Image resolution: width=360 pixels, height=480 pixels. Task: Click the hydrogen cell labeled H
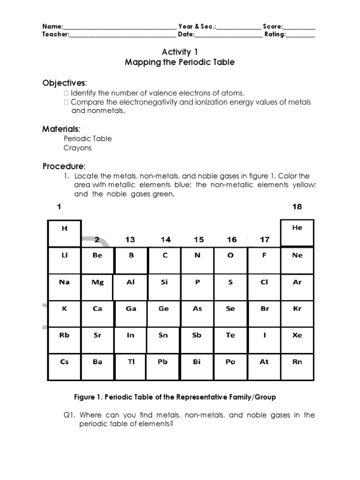tap(65, 233)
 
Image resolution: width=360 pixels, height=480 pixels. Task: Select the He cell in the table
tap(297, 232)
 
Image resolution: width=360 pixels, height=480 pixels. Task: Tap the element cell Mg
tap(97, 287)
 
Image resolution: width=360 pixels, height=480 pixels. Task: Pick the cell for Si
tap(164, 287)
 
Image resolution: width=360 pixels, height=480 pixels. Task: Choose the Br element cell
tap(264, 314)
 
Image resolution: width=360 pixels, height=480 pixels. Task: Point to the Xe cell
tap(297, 340)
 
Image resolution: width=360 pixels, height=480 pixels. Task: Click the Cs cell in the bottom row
tap(65, 367)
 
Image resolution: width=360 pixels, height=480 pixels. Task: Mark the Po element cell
tap(230, 367)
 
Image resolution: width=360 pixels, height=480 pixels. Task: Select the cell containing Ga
tap(131, 314)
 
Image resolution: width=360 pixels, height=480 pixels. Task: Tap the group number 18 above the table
tap(297, 206)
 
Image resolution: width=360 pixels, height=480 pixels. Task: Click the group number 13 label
tap(130, 240)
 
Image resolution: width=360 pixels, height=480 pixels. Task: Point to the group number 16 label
tap(232, 240)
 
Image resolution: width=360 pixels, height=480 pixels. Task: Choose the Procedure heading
tap(64, 166)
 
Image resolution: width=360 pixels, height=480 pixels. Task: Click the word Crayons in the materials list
tap(78, 148)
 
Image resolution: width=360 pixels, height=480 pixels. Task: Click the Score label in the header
tap(272, 26)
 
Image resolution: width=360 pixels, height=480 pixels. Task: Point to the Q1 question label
tap(70, 415)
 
